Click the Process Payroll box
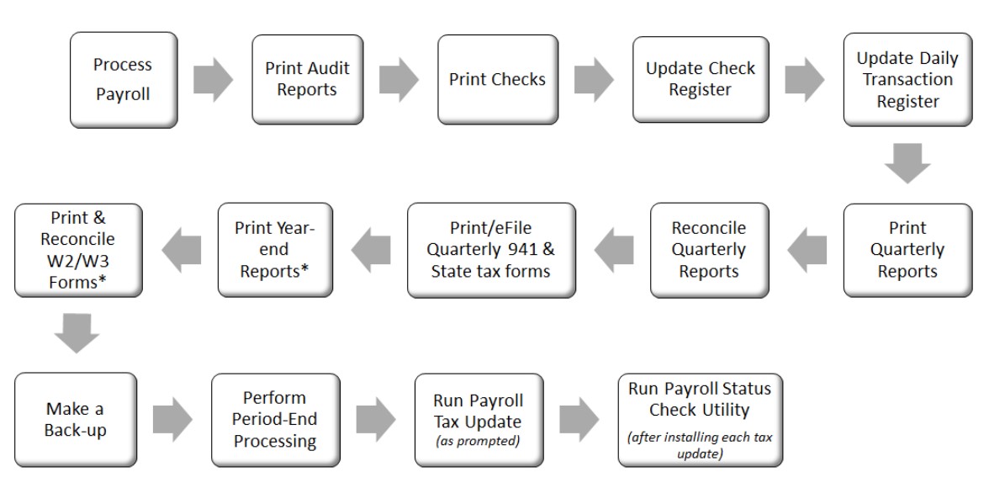tap(124, 80)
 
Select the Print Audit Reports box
tap(308, 79)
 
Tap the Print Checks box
tap(498, 79)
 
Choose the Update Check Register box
tap(701, 79)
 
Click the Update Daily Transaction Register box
tap(907, 79)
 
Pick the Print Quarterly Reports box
tap(907, 250)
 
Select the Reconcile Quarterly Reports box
tap(710, 250)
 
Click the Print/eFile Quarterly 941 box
tap(492, 250)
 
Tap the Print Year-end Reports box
tap(276, 250)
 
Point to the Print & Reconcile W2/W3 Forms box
tap(78, 250)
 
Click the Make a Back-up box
tap(76, 420)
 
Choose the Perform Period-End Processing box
tap(276, 420)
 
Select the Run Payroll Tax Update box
tap(479, 420)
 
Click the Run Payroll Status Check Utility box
tap(701, 420)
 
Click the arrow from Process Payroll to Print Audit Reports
tap(214, 79)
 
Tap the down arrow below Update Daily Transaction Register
tap(907, 163)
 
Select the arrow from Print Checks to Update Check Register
tap(594, 79)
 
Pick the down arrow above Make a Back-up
tap(77, 333)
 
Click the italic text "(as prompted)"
tap(479, 441)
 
